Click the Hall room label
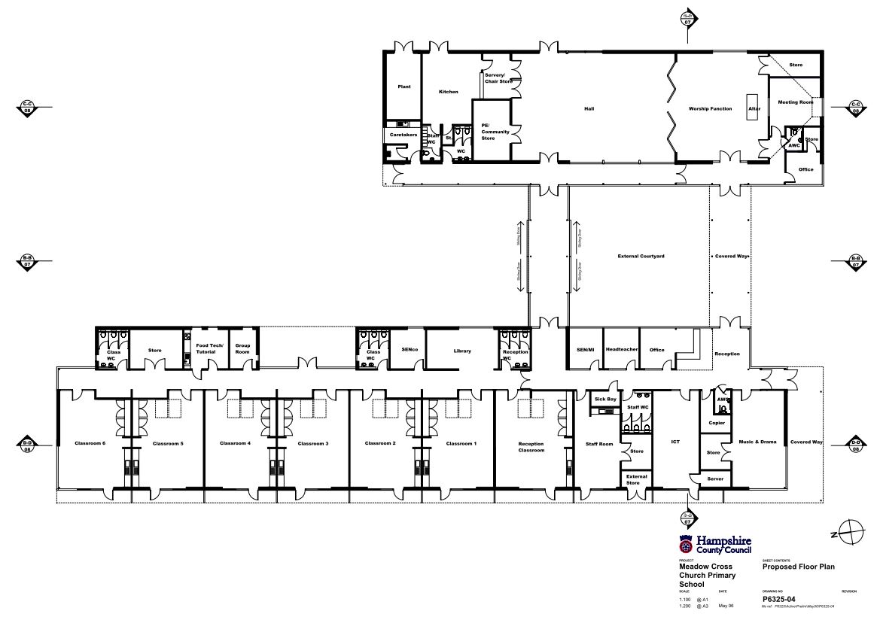pyautogui.click(x=589, y=109)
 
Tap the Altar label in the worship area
pyautogui.click(x=754, y=109)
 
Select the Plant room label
pyautogui.click(x=404, y=87)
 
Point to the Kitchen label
pyautogui.click(x=449, y=92)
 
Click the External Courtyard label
pyautogui.click(x=641, y=257)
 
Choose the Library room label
pyautogui.click(x=462, y=351)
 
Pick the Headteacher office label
pyautogui.click(x=622, y=350)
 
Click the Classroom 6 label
pyautogui.click(x=90, y=444)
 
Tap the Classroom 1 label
pyautogui.click(x=461, y=444)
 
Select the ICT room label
pyautogui.click(x=675, y=442)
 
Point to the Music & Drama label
pyautogui.click(x=757, y=442)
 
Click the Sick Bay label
pyautogui.click(x=605, y=399)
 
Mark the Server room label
pyautogui.click(x=715, y=479)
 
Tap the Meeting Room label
pyautogui.click(x=796, y=102)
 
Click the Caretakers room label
pyautogui.click(x=403, y=135)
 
